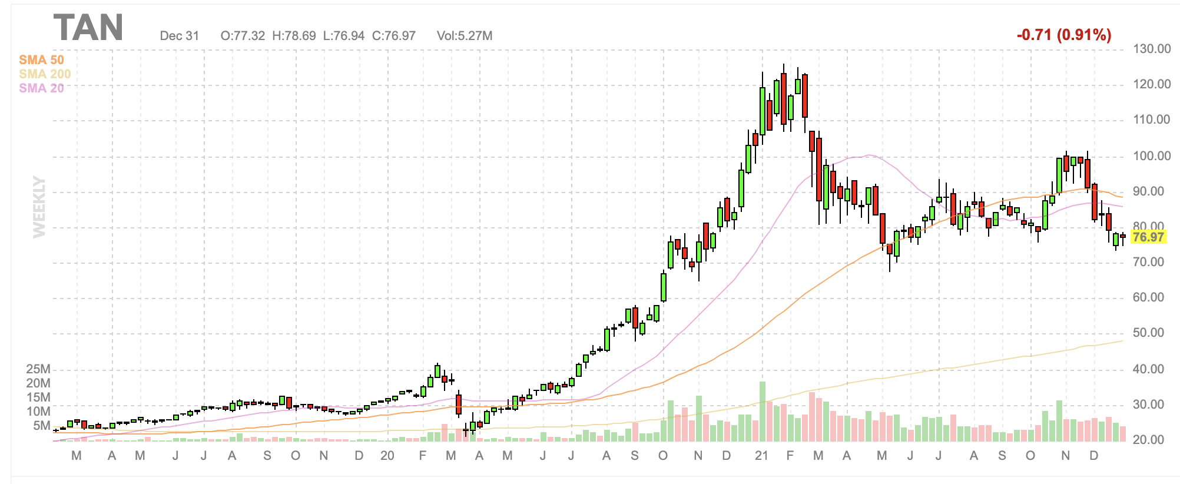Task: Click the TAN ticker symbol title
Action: click(x=88, y=28)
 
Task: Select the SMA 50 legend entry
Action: click(x=41, y=60)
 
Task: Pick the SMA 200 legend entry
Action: click(x=45, y=74)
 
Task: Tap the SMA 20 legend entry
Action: click(x=41, y=88)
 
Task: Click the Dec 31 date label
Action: click(x=180, y=36)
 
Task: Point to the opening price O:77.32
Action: click(x=243, y=36)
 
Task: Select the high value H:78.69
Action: click(x=294, y=36)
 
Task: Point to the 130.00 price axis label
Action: click(x=1152, y=49)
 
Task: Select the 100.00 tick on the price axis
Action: click(x=1152, y=156)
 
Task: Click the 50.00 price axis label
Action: click(x=1152, y=333)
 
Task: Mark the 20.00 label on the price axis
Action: click(x=1152, y=440)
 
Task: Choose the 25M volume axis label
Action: click(x=38, y=369)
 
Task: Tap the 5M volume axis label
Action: click(x=42, y=426)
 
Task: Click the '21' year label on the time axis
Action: click(x=761, y=456)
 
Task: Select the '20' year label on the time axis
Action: click(x=387, y=456)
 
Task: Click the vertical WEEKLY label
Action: click(x=39, y=207)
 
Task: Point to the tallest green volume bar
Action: click(x=763, y=412)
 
